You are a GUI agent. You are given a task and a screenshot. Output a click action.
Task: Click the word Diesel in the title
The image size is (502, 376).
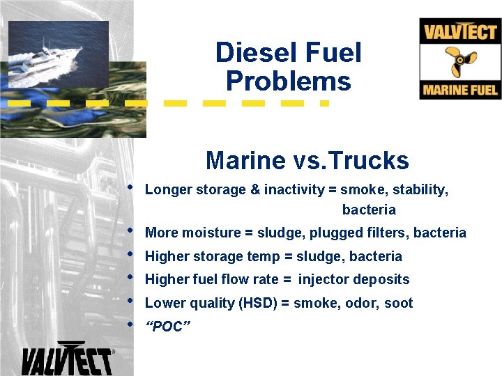pos(248,53)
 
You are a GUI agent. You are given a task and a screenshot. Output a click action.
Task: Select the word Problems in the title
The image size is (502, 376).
pos(288,81)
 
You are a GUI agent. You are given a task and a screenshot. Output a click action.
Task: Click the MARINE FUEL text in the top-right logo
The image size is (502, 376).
pos(460,90)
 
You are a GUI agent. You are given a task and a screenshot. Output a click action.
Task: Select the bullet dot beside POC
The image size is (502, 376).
pos(130,324)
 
